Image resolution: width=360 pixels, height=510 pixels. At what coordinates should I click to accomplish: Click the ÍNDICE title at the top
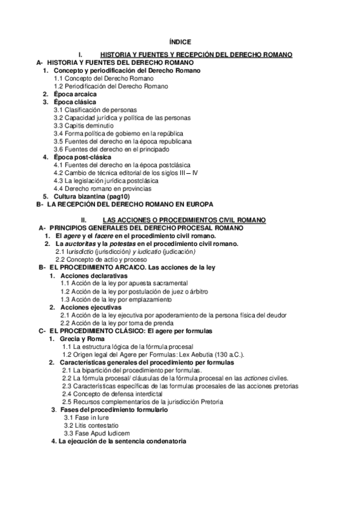181,42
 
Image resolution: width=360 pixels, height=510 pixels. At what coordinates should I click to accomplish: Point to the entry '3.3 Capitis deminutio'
83,126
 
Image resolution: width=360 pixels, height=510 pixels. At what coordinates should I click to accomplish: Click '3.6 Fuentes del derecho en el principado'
112,149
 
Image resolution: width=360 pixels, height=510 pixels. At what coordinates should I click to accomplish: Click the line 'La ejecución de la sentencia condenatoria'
123,441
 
